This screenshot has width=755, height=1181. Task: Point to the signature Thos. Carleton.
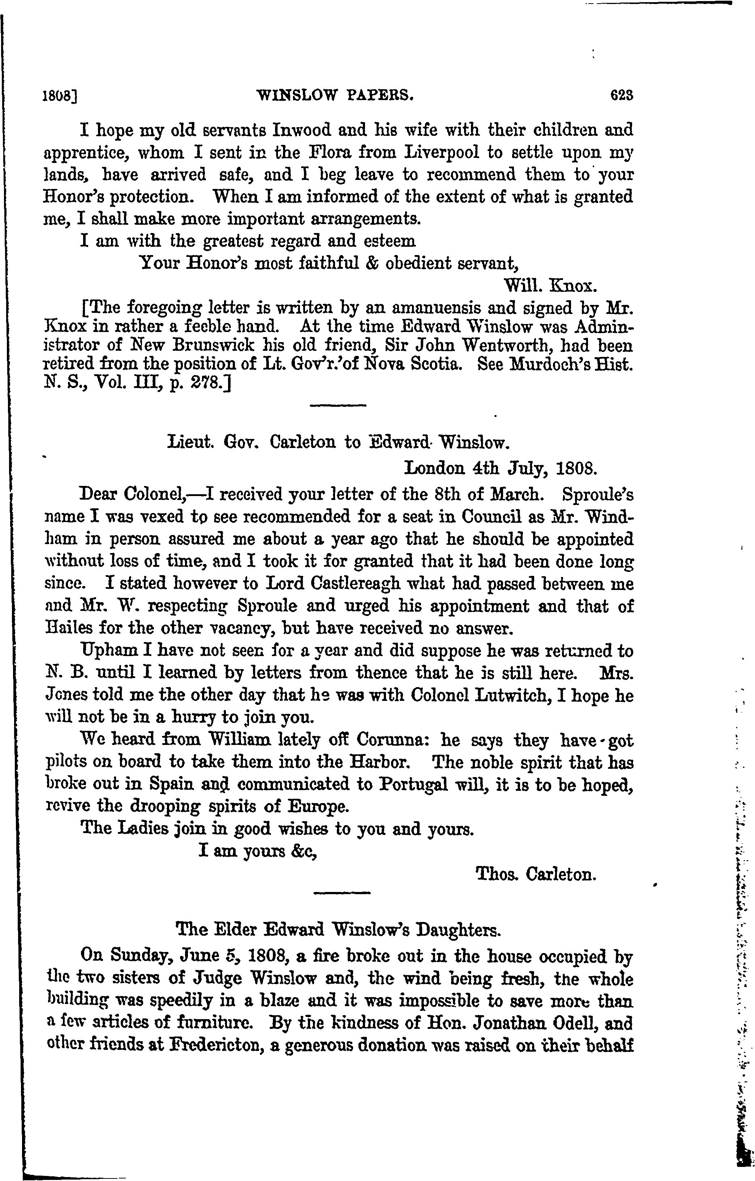(x=536, y=874)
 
